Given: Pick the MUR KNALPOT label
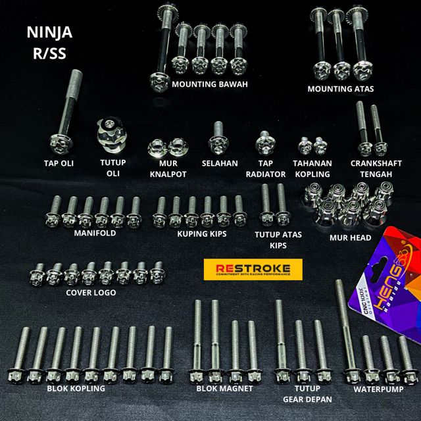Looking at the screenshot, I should coord(167,168).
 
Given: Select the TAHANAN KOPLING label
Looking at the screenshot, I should coord(312,168).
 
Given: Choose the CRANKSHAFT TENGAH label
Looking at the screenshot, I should coord(372,168).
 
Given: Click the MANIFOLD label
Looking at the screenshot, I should coord(95,233).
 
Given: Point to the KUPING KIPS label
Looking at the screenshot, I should coord(202,233).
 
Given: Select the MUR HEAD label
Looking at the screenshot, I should coord(350,237).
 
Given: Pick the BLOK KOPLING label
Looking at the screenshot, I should coord(76,389).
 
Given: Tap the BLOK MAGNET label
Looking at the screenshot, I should coord(224,389).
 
